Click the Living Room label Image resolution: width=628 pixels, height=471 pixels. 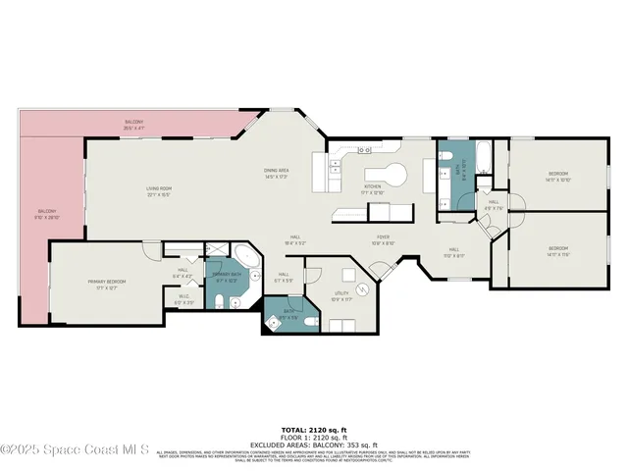[159, 192]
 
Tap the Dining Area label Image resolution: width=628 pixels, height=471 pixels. [276, 174]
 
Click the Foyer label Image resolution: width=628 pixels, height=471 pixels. [382, 241]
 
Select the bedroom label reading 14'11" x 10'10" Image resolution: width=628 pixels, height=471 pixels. [558, 178]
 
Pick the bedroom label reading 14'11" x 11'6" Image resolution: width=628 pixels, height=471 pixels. [558, 250]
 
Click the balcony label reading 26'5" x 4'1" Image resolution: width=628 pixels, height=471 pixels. [134, 126]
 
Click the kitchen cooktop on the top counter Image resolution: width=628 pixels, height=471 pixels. [364, 150]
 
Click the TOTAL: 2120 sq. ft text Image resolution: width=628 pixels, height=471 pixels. [314, 430]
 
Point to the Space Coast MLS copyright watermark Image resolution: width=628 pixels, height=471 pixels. [75, 450]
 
